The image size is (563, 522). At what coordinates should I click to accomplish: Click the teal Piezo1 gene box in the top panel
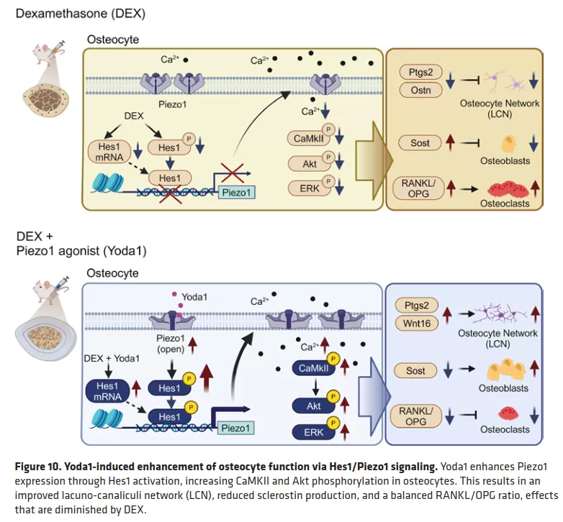pyautogui.click(x=237, y=191)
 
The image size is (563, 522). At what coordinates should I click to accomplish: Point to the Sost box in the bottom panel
pyautogui.click(x=416, y=371)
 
